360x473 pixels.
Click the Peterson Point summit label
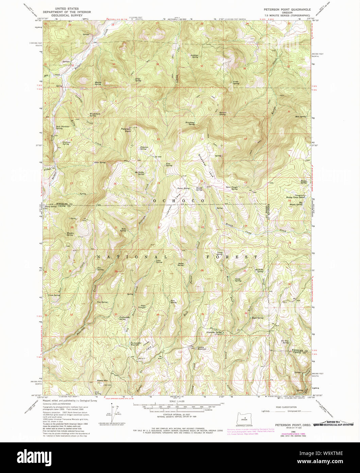[x=126, y=130]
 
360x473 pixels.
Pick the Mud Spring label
[x=301, y=116]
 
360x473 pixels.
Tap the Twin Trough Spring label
[x=232, y=188]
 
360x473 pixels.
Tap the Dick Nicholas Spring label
[x=63, y=127]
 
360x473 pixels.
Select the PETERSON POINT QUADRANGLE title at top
[x=287, y=10]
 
